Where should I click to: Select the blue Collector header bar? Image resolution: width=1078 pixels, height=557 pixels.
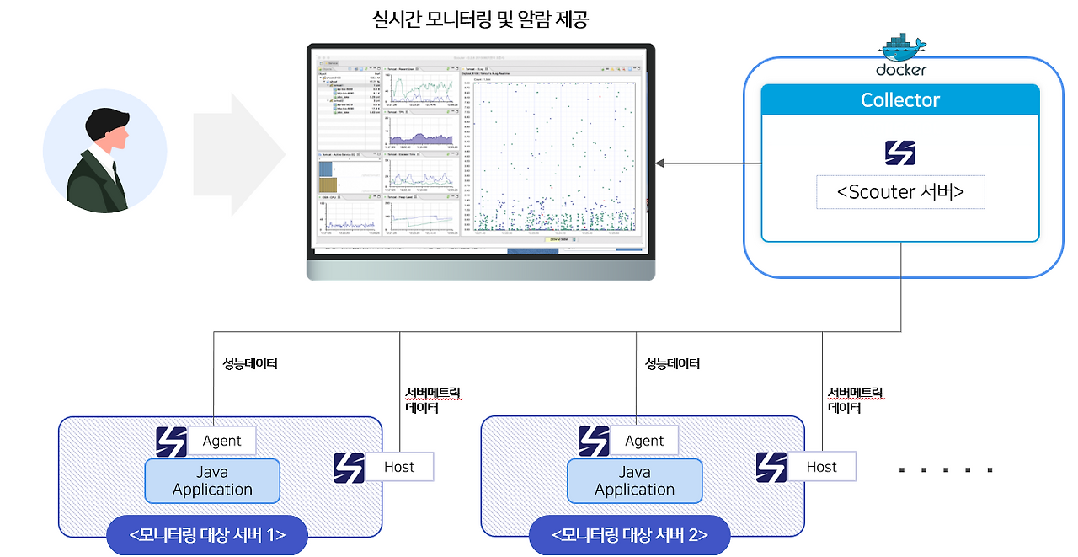pyautogui.click(x=900, y=100)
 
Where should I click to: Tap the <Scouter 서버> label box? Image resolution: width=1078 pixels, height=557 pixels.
pyautogui.click(x=900, y=192)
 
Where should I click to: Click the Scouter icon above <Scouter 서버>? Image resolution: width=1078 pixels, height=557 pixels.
pyautogui.click(x=899, y=153)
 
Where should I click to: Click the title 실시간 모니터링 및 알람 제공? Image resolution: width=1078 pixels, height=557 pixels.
pyautogui.click(x=480, y=19)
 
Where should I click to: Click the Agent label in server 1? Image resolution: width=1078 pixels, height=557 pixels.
pyautogui.click(x=221, y=441)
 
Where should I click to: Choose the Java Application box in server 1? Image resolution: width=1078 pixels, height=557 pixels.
pyautogui.click(x=212, y=481)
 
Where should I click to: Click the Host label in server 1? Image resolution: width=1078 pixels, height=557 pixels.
pyautogui.click(x=399, y=467)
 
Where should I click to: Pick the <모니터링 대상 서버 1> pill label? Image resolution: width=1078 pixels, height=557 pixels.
pyautogui.click(x=207, y=535)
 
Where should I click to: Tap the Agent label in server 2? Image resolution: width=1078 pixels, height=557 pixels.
pyautogui.click(x=644, y=441)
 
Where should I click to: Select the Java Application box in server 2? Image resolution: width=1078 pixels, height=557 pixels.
pyautogui.click(x=634, y=481)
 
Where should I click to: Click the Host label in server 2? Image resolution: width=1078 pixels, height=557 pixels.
pyautogui.click(x=822, y=467)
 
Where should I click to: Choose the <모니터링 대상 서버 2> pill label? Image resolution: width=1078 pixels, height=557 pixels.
pyautogui.click(x=630, y=535)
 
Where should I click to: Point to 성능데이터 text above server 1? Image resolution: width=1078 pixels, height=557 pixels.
pyautogui.click(x=249, y=364)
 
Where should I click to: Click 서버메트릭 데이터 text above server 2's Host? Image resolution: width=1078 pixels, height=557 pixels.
pyautogui.click(x=856, y=400)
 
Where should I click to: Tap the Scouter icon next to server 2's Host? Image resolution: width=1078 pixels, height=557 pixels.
pyautogui.click(x=771, y=467)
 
